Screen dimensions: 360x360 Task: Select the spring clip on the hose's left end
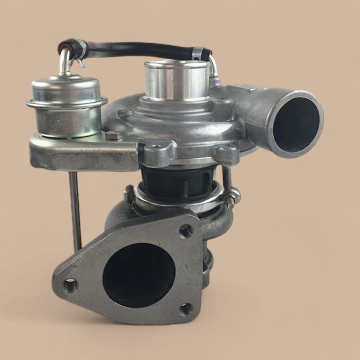click(x=80, y=62)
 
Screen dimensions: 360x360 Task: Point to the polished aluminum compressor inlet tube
click(x=175, y=80)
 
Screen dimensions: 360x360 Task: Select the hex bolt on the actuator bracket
click(x=113, y=136)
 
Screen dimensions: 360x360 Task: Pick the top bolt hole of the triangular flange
click(x=186, y=231)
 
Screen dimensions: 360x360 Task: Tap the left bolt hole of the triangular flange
click(x=70, y=283)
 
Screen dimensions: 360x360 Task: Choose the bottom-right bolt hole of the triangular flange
click(x=186, y=309)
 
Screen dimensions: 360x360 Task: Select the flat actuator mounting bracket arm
click(x=82, y=152)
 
